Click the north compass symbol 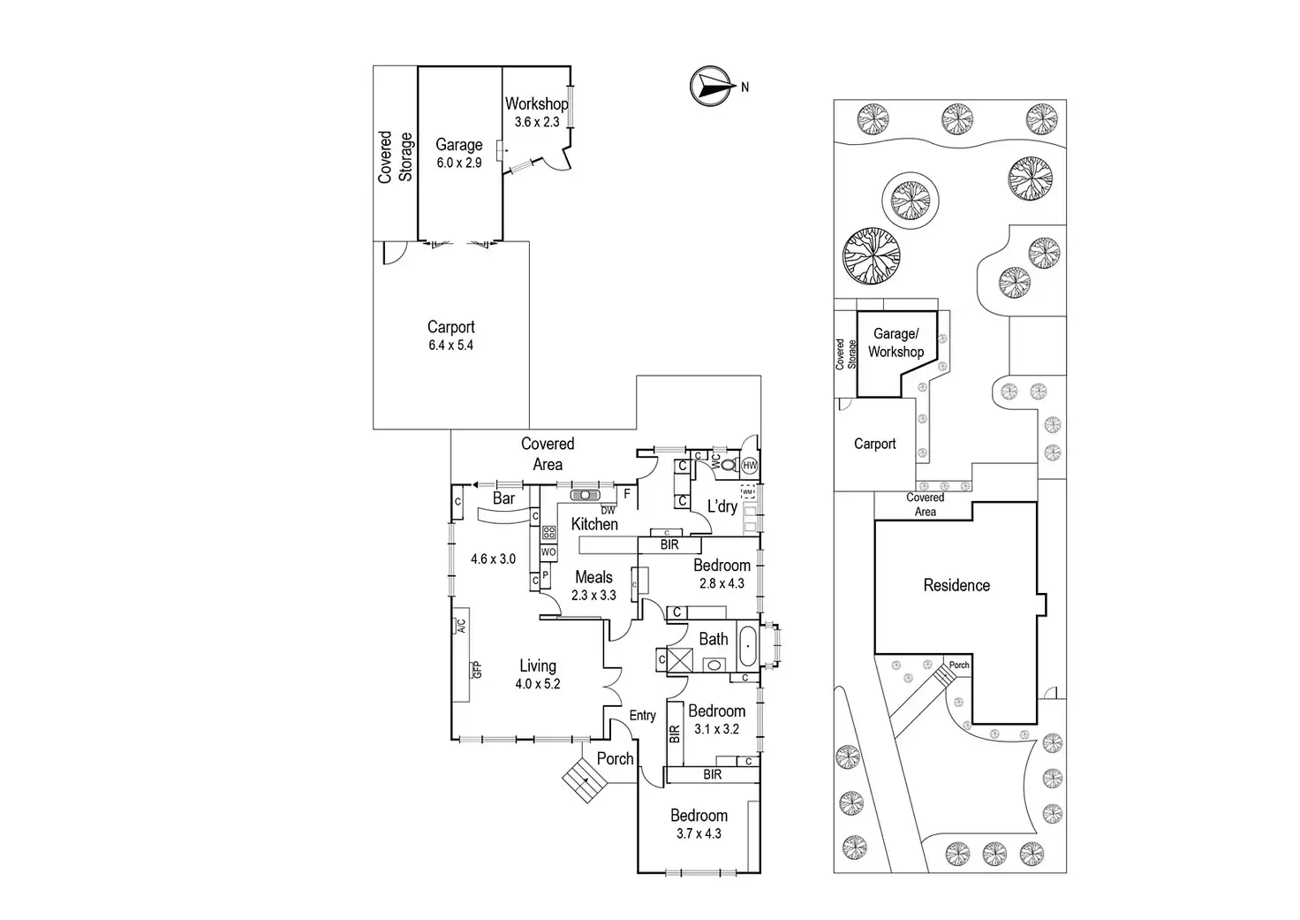click(x=710, y=87)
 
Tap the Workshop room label click(x=536, y=104)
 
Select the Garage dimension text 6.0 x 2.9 click(x=459, y=163)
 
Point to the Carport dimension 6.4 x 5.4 click(x=451, y=345)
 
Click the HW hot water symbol click(x=750, y=465)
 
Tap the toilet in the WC click(x=731, y=465)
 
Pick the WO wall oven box click(x=548, y=551)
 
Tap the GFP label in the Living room click(x=477, y=670)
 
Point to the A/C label click(x=461, y=626)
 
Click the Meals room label click(x=593, y=577)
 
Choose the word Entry click(x=642, y=716)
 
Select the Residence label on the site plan click(x=956, y=585)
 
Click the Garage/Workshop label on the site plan click(x=896, y=343)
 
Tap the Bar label click(x=503, y=498)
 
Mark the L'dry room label click(x=722, y=506)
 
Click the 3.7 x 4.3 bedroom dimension click(x=699, y=833)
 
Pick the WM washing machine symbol click(x=747, y=492)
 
